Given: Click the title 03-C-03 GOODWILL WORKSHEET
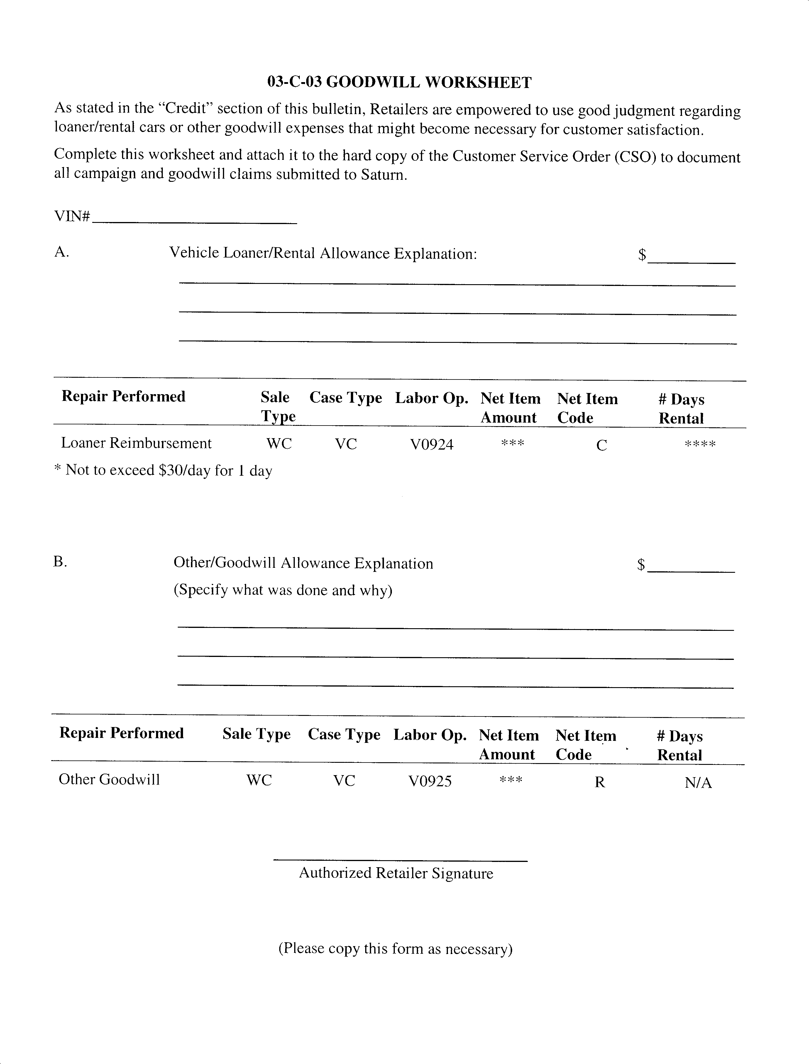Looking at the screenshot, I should point(399,83).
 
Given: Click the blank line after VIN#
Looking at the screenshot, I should point(194,222).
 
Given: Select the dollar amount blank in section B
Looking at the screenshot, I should point(691,571).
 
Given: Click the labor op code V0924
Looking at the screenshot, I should point(431,444).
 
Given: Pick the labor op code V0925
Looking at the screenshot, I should point(430,781).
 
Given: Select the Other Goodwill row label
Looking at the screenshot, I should point(109,780).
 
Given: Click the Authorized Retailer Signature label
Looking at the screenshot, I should point(396,873).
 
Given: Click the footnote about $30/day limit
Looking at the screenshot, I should point(164,470).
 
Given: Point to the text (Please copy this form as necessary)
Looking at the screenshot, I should point(395,948).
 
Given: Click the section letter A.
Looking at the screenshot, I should point(61,252).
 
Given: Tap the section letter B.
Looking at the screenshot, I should point(60,561).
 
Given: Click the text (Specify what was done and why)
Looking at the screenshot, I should point(283,590).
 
